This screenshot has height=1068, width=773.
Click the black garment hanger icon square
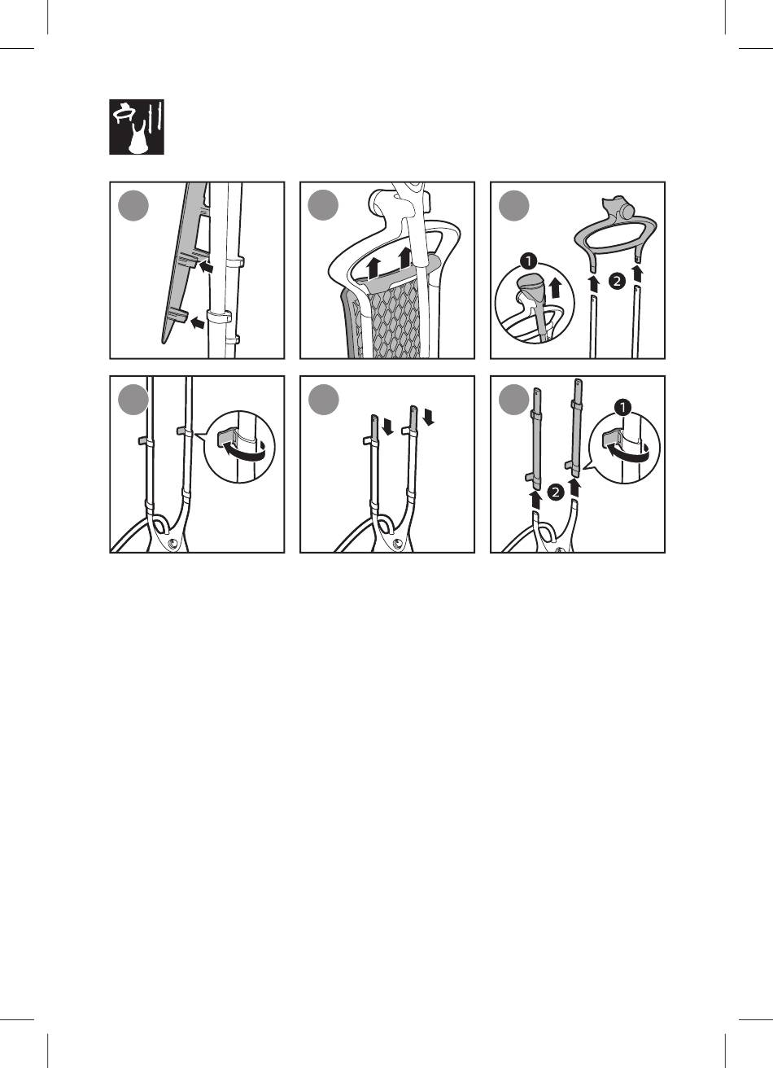137,127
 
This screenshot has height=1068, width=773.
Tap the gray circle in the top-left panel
133,205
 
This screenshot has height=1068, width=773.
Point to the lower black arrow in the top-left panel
197,323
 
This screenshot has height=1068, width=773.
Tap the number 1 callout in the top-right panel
529,261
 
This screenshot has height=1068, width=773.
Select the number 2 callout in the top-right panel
617,281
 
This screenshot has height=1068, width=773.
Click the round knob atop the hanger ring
628,210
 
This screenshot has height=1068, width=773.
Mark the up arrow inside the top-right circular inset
555,288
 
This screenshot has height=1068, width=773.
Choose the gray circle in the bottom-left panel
133,400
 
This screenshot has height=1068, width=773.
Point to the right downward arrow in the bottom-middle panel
429,415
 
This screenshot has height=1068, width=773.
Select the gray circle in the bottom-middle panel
324,400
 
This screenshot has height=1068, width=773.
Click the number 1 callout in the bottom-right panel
622,408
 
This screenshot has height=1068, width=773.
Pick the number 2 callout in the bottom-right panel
556,492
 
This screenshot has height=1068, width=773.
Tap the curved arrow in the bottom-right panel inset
627,452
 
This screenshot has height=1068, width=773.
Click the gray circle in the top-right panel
514,205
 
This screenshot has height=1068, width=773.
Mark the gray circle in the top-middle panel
324,205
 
